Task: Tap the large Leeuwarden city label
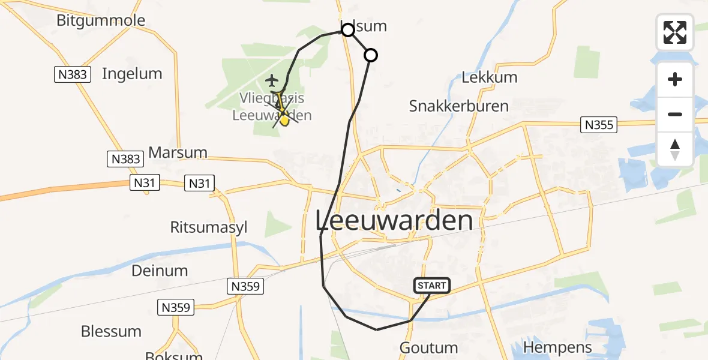pyautogui.click(x=394, y=221)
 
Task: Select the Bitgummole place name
pyautogui.click(x=101, y=20)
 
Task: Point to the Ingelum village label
pyautogui.click(x=132, y=74)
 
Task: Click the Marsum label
pyautogui.click(x=178, y=152)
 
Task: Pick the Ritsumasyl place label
pyautogui.click(x=209, y=228)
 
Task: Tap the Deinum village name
pyautogui.click(x=160, y=271)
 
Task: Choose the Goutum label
pyautogui.click(x=428, y=347)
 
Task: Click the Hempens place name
pyautogui.click(x=557, y=347)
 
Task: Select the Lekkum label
pyautogui.click(x=490, y=77)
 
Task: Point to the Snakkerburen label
pyautogui.click(x=459, y=106)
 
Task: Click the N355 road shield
pyautogui.click(x=598, y=125)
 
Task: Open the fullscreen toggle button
pyautogui.click(x=675, y=32)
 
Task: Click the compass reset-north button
pyautogui.click(x=675, y=149)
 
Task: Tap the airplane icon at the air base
pyautogui.click(x=272, y=80)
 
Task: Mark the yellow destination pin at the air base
pyautogui.click(x=284, y=119)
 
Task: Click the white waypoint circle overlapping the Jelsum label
pyautogui.click(x=347, y=29)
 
